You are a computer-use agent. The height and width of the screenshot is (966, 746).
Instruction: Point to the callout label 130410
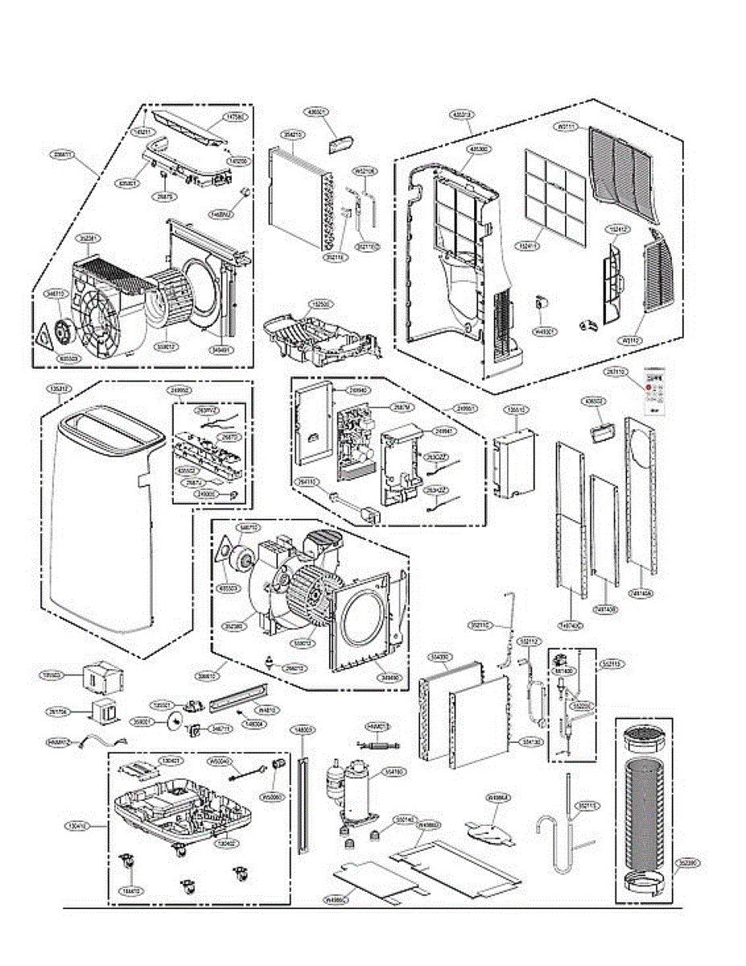(x=76, y=826)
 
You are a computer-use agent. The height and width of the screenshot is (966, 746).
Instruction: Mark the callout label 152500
(x=321, y=305)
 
